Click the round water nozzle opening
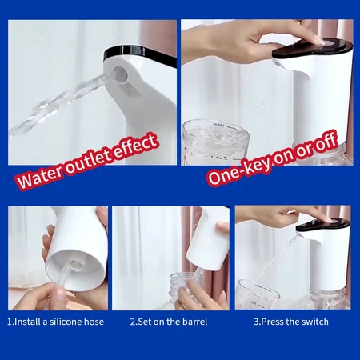(119, 73)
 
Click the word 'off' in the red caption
(326, 141)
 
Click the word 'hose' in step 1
(94, 322)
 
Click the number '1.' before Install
(10, 322)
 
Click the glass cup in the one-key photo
(215, 142)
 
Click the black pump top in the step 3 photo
(323, 225)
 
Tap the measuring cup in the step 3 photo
(258, 294)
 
